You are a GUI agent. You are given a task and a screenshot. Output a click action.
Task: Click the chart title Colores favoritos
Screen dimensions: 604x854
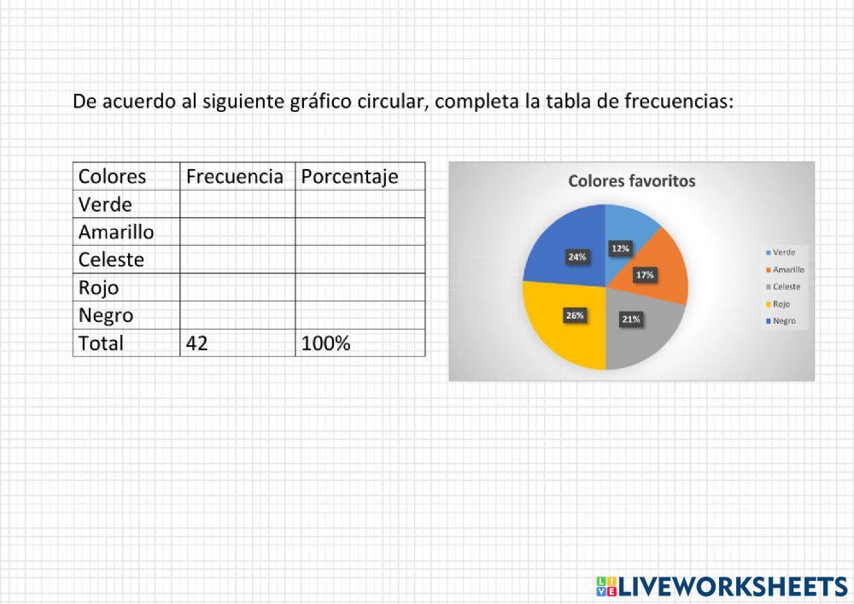pos(631,181)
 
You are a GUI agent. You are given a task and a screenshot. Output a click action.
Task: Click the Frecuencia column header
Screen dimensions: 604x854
pos(235,177)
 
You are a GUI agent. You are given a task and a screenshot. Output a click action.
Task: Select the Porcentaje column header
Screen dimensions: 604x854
pos(349,177)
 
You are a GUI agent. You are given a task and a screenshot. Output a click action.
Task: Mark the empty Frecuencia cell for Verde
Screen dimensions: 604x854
pos(237,204)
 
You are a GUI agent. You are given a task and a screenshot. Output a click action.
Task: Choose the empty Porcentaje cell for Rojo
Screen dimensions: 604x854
pos(360,287)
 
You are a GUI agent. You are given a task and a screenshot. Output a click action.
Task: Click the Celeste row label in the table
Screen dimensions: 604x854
pos(111,260)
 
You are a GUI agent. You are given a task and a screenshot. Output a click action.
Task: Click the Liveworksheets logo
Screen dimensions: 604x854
pos(722,586)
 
